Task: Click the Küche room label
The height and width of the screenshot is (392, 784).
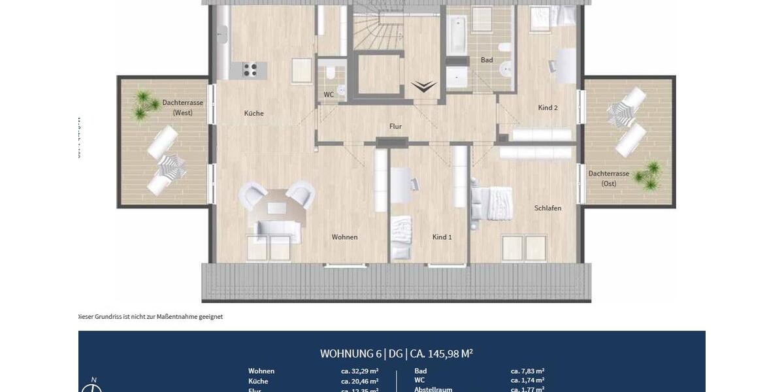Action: point(253,114)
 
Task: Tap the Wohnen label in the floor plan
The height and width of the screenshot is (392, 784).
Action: point(344,237)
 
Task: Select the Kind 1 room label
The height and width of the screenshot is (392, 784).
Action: point(442,237)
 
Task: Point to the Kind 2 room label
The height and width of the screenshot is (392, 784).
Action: point(547,108)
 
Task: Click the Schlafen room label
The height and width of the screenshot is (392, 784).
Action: point(547,208)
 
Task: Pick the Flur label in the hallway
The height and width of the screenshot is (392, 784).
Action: point(395,127)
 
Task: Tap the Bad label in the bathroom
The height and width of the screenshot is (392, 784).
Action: point(487,60)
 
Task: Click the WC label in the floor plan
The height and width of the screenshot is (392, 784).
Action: point(329,95)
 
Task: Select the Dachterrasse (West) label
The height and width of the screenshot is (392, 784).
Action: point(183,108)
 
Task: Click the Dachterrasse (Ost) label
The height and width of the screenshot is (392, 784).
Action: point(608,178)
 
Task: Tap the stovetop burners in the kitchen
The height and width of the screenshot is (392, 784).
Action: point(251,69)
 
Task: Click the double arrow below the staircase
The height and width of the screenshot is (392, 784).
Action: point(424,87)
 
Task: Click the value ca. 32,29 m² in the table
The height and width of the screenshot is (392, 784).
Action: point(360,371)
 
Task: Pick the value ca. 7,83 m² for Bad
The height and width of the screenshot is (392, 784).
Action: point(527,371)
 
